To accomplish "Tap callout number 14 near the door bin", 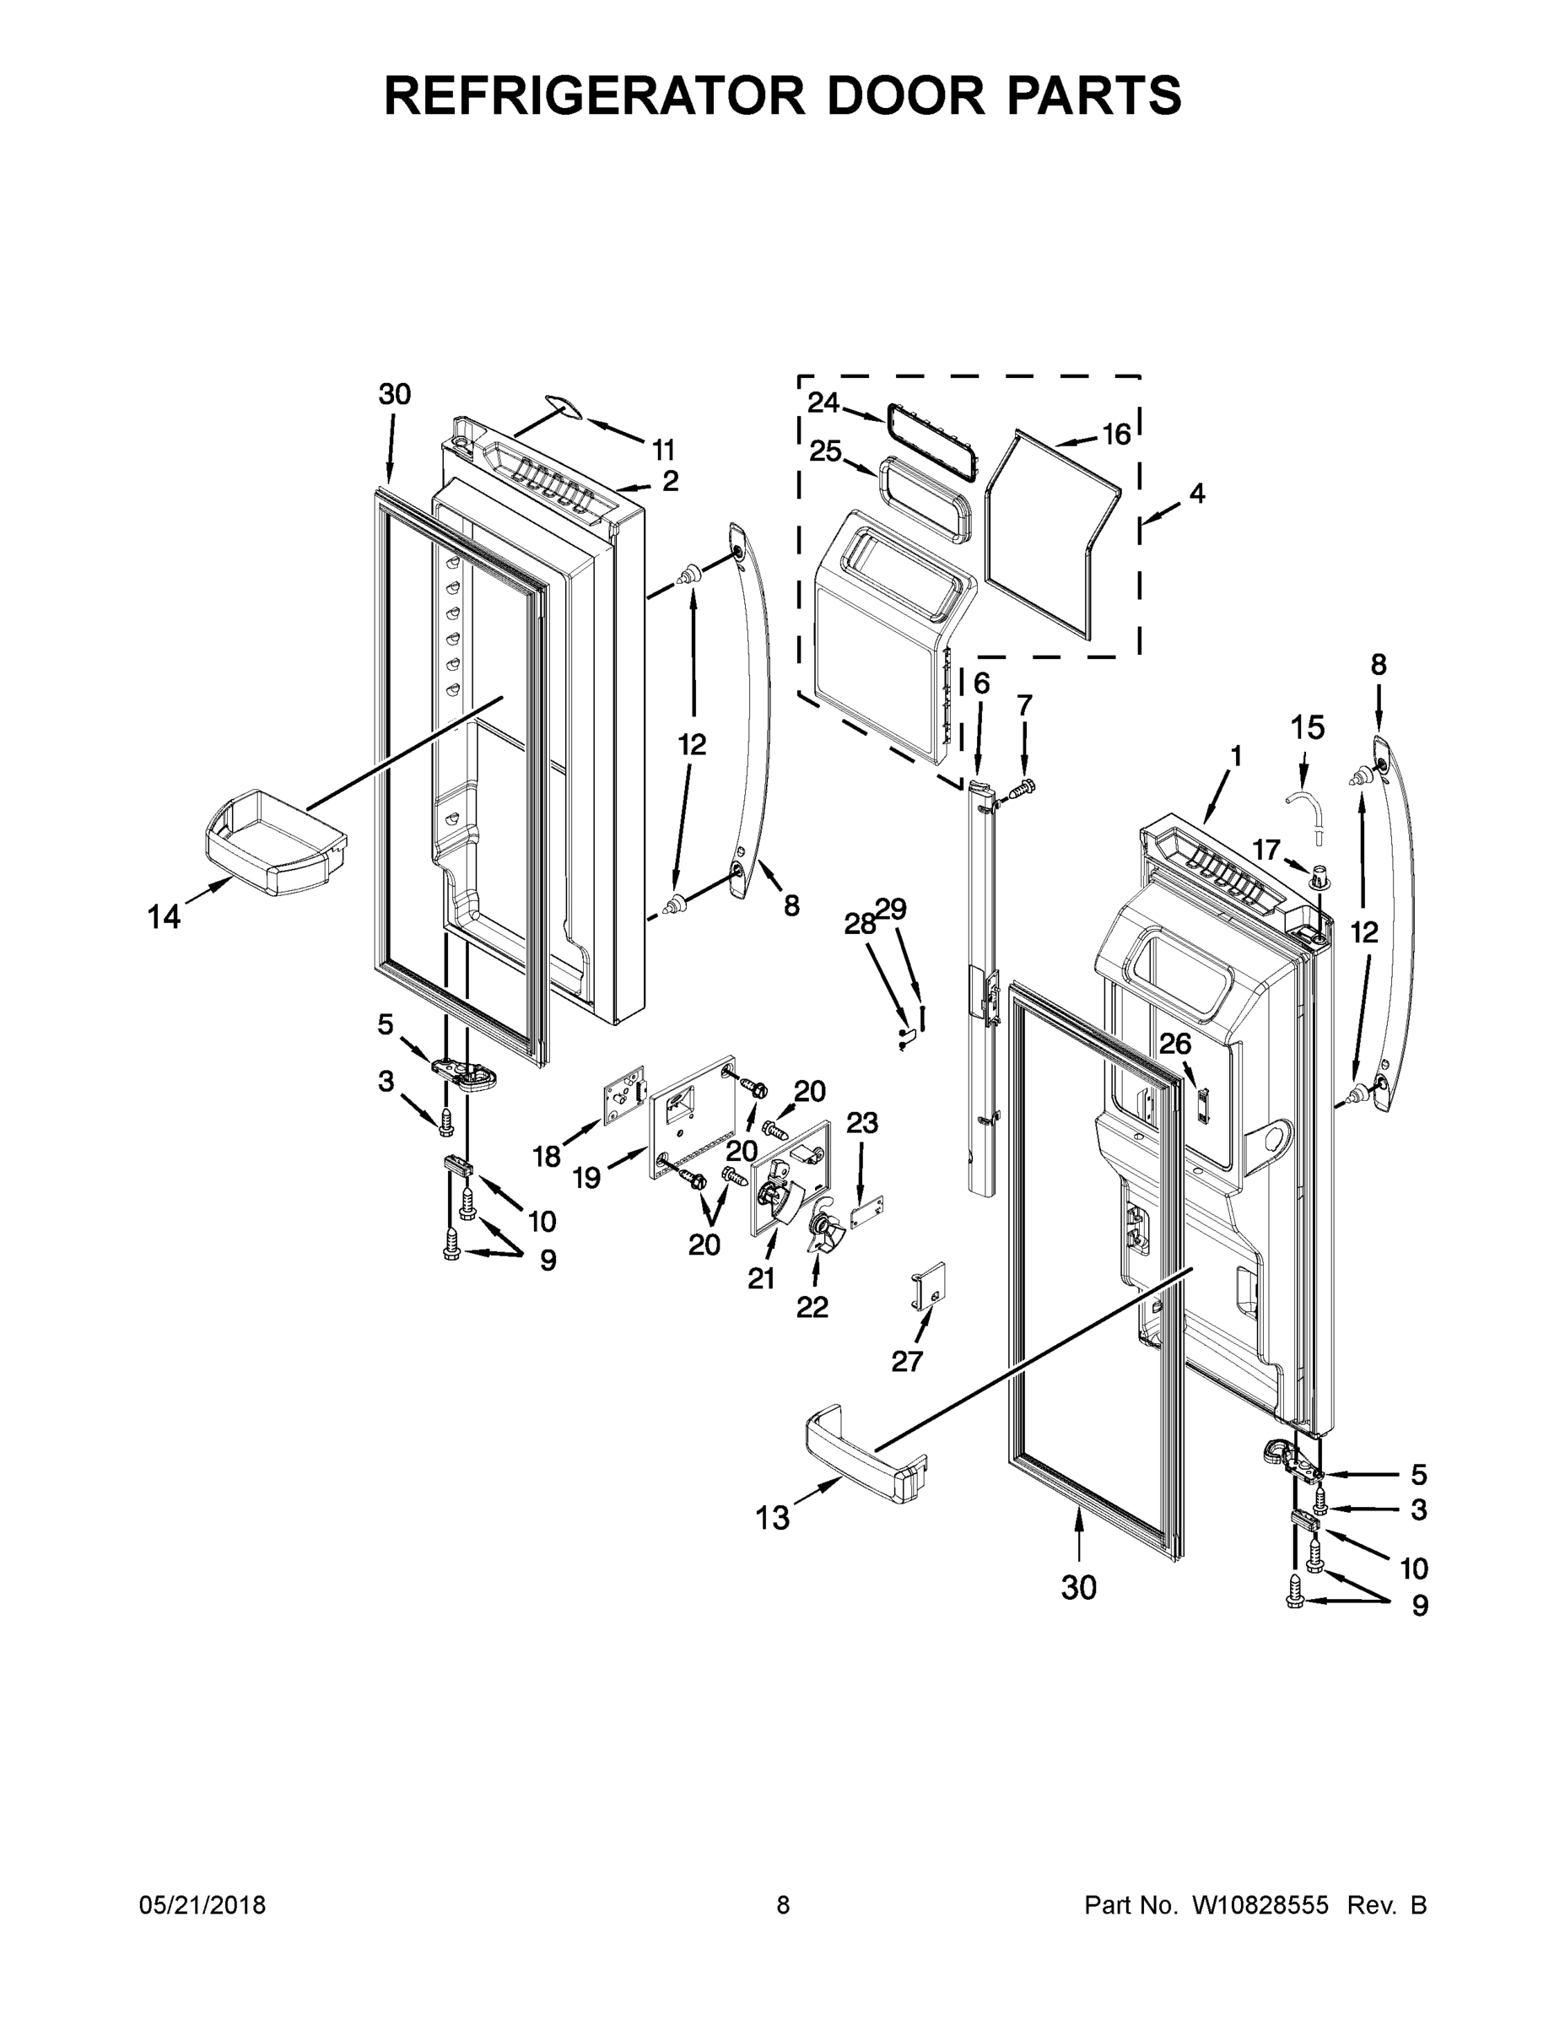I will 165,917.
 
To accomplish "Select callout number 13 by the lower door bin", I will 772,1518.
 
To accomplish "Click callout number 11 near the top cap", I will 663,451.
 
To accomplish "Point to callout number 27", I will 907,1360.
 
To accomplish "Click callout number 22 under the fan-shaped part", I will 812,1306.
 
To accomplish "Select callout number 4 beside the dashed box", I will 1197,494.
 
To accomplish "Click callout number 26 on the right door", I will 1175,1044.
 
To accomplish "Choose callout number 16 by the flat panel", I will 1116,433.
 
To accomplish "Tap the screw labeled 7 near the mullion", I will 1021,789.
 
